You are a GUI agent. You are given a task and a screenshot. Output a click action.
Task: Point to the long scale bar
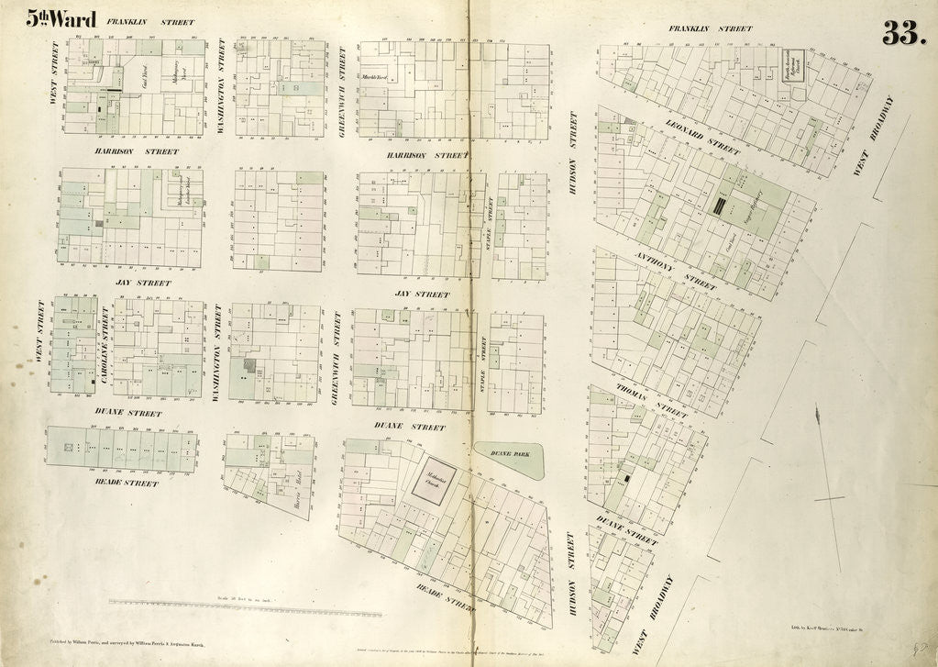246,606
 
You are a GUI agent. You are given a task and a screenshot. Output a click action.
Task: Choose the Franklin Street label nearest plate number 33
710,28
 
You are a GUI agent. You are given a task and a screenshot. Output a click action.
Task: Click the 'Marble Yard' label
376,78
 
